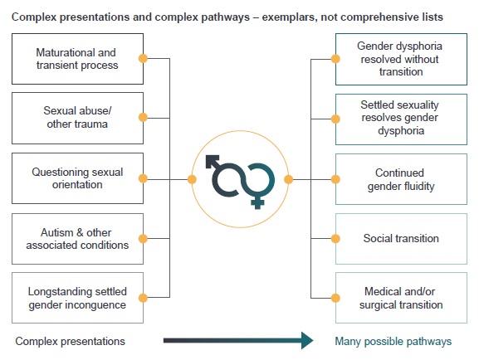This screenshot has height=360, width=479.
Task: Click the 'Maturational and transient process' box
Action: (x=77, y=59)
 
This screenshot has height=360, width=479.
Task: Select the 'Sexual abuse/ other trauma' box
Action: (x=77, y=118)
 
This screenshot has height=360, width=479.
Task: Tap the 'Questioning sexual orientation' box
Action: (x=77, y=178)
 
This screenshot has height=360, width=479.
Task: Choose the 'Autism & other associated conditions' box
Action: (x=77, y=239)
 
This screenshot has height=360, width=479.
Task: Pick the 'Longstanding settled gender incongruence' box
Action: (x=77, y=298)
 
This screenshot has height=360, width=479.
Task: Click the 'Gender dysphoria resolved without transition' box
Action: (x=401, y=59)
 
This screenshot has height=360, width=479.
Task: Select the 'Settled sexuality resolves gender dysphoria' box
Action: (x=401, y=119)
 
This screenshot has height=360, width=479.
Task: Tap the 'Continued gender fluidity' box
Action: (x=401, y=179)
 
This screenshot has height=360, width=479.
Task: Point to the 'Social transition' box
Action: (x=401, y=239)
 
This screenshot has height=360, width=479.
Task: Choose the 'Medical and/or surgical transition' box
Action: (x=401, y=298)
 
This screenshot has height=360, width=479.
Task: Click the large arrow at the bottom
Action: (x=238, y=340)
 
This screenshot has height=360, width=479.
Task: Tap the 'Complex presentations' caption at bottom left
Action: (x=71, y=341)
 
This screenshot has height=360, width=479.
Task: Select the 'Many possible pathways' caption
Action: (x=393, y=341)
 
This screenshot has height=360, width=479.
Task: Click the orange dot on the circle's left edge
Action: (x=192, y=179)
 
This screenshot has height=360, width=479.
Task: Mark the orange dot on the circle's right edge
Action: (x=288, y=179)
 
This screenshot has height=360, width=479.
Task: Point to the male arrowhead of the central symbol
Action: (x=212, y=161)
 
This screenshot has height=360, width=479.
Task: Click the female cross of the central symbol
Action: (x=257, y=202)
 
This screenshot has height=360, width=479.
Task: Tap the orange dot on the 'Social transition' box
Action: (x=335, y=238)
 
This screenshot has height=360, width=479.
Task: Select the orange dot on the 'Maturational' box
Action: (x=143, y=58)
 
